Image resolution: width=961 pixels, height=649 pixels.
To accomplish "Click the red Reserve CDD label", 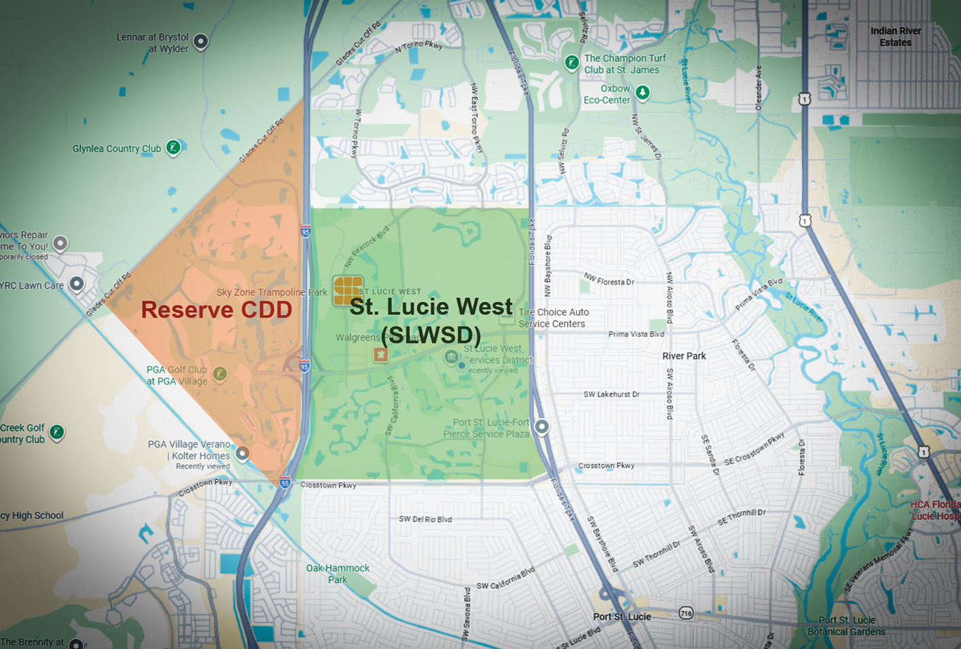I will tap(216, 310).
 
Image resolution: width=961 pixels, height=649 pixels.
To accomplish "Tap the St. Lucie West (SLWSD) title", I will tap(431, 320).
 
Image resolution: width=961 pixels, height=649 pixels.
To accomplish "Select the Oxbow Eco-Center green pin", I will tap(642, 92).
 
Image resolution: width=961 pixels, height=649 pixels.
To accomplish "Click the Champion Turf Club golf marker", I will tap(572, 63).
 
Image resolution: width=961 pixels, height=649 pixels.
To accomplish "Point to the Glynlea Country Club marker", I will tap(173, 147).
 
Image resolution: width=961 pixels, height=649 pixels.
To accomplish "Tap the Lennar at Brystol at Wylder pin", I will tap(200, 41).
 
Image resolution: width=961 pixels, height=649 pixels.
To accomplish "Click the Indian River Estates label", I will tap(895, 37).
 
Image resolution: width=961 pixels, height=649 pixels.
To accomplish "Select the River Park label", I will tap(684, 356).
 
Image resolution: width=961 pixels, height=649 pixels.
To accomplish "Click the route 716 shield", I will tap(686, 614).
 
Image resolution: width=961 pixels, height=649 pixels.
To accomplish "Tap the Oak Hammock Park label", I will tap(338, 574).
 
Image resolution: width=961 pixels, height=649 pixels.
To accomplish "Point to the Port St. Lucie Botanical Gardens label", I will tap(846, 626).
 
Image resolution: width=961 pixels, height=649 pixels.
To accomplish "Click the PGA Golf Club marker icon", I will tap(220, 373).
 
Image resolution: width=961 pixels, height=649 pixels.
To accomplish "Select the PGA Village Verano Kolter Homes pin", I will tap(242, 453).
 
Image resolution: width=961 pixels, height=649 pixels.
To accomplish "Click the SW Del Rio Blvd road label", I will tap(425, 519).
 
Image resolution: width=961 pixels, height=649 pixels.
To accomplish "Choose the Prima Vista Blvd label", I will tap(635, 334).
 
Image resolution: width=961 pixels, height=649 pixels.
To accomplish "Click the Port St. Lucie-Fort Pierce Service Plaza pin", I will tap(542, 426).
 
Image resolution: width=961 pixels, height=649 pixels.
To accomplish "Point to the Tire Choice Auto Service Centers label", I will tap(553, 318).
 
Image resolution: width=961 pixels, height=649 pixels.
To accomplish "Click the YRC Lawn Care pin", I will tap(77, 283).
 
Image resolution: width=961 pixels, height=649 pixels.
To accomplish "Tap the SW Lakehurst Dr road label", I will tap(611, 394).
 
